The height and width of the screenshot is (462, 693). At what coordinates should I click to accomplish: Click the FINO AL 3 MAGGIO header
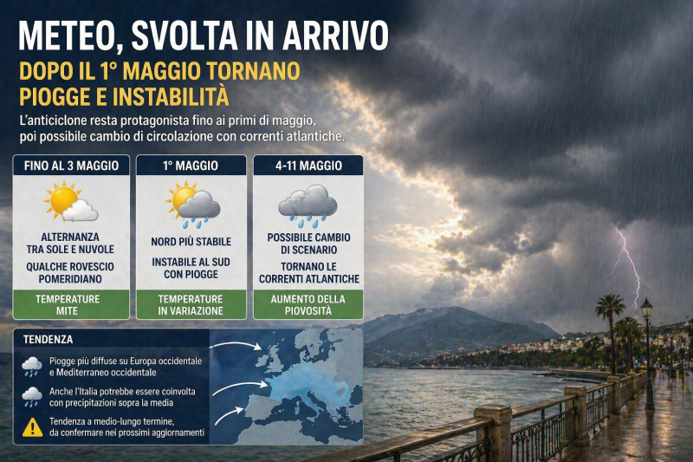point(71,165)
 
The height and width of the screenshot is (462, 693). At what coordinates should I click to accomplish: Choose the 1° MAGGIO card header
point(191,165)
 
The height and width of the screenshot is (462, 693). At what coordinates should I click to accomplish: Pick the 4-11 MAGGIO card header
point(308,165)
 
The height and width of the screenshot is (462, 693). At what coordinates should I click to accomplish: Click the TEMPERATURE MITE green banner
point(71,304)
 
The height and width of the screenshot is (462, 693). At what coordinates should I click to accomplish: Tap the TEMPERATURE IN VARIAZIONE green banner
point(191,304)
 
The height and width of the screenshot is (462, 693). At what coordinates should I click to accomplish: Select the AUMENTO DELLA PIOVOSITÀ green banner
point(308,304)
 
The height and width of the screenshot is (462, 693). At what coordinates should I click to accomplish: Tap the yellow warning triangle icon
point(32,426)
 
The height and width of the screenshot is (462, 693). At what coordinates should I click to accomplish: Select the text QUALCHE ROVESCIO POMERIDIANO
point(71,273)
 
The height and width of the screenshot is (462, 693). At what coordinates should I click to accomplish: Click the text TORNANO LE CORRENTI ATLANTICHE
point(308,273)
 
